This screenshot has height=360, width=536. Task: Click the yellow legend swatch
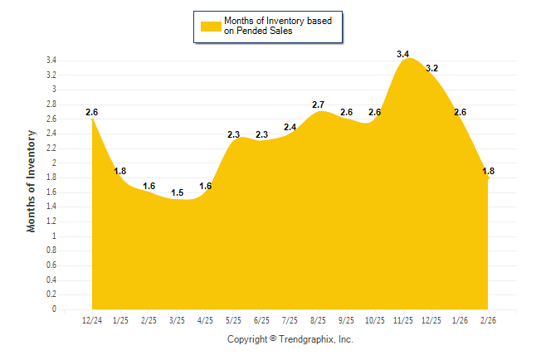pyautogui.click(x=211, y=26)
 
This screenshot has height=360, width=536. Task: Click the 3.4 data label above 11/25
pyautogui.click(x=403, y=54)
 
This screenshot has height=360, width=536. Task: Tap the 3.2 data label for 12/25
pyautogui.click(x=431, y=68)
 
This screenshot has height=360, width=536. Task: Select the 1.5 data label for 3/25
pyautogui.click(x=178, y=192)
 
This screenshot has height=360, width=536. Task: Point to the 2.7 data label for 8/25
pyautogui.click(x=318, y=105)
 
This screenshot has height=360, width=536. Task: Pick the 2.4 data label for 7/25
pyautogui.click(x=290, y=127)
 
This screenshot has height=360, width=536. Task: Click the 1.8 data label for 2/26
pyautogui.click(x=488, y=171)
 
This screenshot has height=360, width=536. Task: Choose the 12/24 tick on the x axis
pyautogui.click(x=92, y=319)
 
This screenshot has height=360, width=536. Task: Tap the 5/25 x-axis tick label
pyautogui.click(x=233, y=319)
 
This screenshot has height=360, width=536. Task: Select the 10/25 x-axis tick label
pyautogui.click(x=374, y=319)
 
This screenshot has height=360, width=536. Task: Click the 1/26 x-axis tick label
pyautogui.click(x=460, y=319)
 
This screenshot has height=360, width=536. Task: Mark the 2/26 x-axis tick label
pyautogui.click(x=488, y=319)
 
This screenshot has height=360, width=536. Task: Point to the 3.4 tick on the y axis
pyautogui.click(x=51, y=61)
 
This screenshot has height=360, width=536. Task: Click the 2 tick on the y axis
pyautogui.click(x=54, y=163)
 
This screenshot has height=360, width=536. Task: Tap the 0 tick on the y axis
pyautogui.click(x=54, y=309)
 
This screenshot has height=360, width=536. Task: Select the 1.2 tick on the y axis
pyautogui.click(x=51, y=221)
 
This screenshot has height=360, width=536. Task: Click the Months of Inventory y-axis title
pyautogui.click(x=32, y=181)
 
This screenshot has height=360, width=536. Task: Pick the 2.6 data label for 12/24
pyautogui.click(x=92, y=112)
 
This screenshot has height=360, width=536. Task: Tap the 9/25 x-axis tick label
pyautogui.click(x=346, y=319)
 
